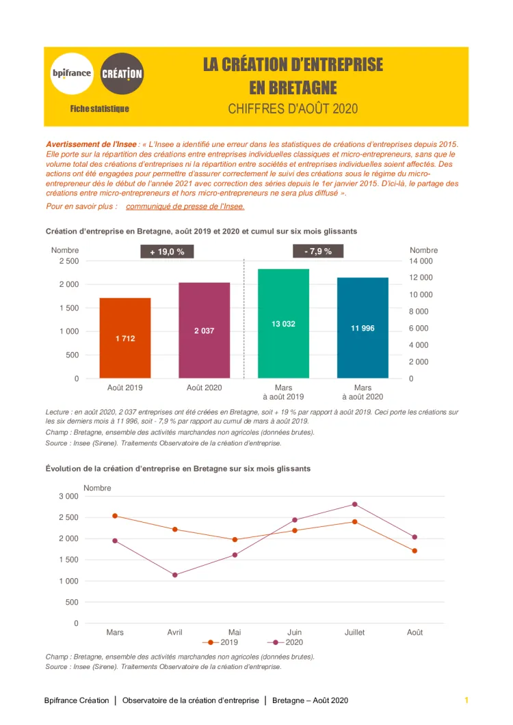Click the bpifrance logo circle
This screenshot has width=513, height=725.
(x=72, y=72)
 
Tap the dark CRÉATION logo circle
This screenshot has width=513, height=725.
(x=122, y=72)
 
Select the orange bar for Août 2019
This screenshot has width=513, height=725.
(x=125, y=338)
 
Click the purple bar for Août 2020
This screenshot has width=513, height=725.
(x=204, y=330)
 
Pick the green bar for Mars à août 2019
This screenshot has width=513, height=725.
(x=283, y=323)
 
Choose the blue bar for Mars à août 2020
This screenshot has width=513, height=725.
(x=363, y=327)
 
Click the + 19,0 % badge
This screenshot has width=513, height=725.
(x=168, y=252)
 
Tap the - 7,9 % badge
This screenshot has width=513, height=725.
(x=318, y=251)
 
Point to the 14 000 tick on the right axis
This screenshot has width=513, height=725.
(x=421, y=261)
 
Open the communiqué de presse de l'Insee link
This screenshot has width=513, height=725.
(x=185, y=206)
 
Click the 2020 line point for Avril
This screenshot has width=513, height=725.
(x=174, y=575)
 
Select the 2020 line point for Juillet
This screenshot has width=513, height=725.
(x=354, y=504)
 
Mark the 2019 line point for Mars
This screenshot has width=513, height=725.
(x=115, y=516)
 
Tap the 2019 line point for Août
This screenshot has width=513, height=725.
(x=415, y=551)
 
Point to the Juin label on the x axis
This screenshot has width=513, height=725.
(x=295, y=632)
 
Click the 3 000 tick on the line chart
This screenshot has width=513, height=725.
(x=68, y=496)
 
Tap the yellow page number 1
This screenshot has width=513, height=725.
(x=466, y=700)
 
